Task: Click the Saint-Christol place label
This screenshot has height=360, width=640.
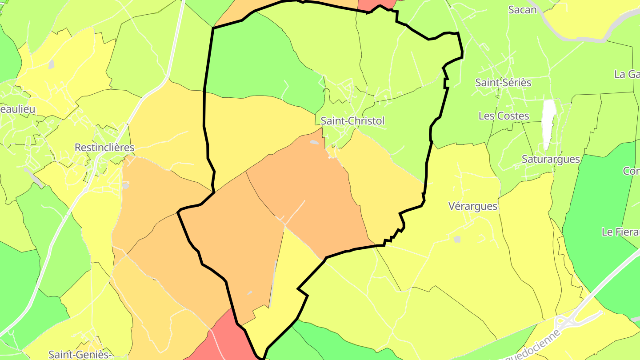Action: point(352,120)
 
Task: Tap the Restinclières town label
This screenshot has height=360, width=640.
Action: point(104,148)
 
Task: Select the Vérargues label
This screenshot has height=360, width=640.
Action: point(473,206)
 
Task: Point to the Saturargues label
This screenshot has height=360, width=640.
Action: point(551,159)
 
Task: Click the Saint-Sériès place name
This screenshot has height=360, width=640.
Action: point(503,83)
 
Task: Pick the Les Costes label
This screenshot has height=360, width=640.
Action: point(504,116)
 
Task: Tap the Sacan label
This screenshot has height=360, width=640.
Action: point(522,10)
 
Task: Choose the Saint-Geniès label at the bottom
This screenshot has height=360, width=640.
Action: point(79,354)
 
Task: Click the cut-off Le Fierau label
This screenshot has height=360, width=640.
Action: point(620,232)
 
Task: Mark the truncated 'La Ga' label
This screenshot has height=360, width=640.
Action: point(627,74)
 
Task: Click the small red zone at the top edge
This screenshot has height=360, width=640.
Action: point(376,4)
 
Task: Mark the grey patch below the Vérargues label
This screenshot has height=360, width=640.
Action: point(457,239)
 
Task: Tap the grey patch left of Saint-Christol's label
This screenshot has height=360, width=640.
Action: point(314,142)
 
